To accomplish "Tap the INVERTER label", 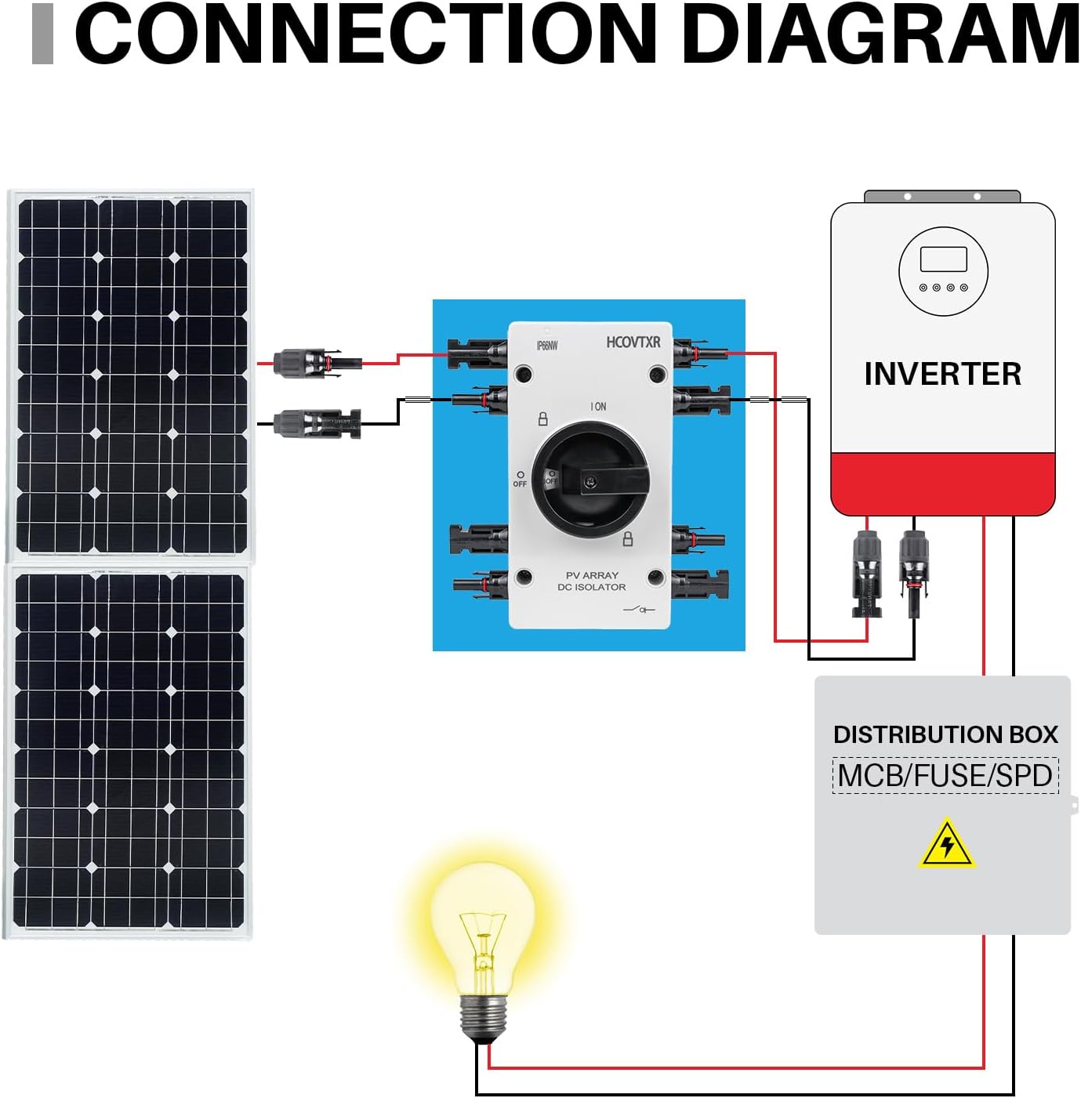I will [x=942, y=374].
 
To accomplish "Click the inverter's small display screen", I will [x=943, y=259].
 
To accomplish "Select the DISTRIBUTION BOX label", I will [x=945, y=734].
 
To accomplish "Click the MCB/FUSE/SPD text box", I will [x=945, y=775].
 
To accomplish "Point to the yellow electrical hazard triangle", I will [x=947, y=845].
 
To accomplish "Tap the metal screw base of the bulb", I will [x=482, y=1016].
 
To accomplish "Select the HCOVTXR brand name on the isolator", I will [x=633, y=342].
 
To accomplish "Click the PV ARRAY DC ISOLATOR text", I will [x=592, y=581].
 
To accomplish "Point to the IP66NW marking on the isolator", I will [x=546, y=346].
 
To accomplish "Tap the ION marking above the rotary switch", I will [x=598, y=406].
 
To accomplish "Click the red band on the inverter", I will [x=943, y=483].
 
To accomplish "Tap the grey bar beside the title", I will [x=42, y=34].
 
